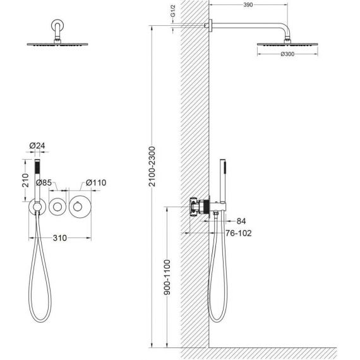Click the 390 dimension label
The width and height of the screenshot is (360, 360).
click(248, 5)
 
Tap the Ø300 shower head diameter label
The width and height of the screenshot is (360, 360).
click(287, 54)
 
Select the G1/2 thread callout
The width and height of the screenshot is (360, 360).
click(173, 11)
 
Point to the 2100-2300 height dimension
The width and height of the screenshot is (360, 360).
click(152, 166)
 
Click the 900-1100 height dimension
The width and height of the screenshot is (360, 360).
click(167, 277)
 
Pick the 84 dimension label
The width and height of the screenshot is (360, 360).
click(241, 221)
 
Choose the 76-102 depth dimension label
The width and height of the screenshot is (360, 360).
click(239, 233)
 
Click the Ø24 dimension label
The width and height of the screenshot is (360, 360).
click(37, 145)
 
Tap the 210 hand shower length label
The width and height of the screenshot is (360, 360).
click(25, 180)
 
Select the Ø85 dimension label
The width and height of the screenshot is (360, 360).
click(44, 183)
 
